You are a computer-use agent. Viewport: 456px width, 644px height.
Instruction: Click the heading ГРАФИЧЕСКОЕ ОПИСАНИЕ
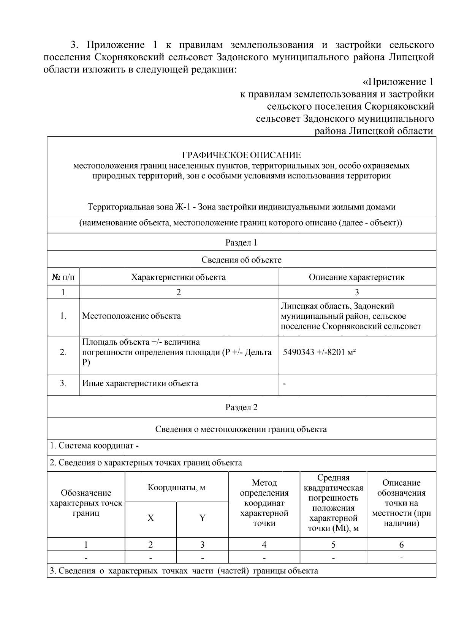(241, 155)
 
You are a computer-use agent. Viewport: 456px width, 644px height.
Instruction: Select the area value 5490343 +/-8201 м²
(319, 352)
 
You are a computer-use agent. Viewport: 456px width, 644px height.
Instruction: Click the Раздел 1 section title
(241, 242)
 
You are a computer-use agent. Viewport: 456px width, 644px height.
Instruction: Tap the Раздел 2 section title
(241, 407)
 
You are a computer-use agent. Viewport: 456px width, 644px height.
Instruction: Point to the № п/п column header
(63, 277)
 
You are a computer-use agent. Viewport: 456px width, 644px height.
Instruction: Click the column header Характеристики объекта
(178, 277)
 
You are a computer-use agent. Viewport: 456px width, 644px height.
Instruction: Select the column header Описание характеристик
(356, 277)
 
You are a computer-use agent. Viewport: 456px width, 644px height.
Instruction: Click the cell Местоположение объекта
(131, 316)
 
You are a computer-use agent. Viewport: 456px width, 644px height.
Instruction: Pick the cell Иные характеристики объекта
(140, 383)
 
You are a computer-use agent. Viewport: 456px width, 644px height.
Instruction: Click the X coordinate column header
(150, 518)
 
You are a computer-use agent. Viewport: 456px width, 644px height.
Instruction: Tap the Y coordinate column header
(202, 518)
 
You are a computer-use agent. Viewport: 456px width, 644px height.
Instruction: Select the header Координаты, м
(176, 488)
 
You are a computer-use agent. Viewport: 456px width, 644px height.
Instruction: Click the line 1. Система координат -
(94, 446)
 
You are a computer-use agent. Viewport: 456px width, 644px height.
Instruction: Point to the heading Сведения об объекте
(241, 260)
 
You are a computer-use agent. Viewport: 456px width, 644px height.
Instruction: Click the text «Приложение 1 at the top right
(398, 82)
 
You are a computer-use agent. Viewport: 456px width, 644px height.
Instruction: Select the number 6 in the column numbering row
(401, 545)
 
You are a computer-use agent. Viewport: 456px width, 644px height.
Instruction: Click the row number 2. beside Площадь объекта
(63, 352)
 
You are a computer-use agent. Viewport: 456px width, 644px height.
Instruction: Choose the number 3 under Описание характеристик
(356, 292)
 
